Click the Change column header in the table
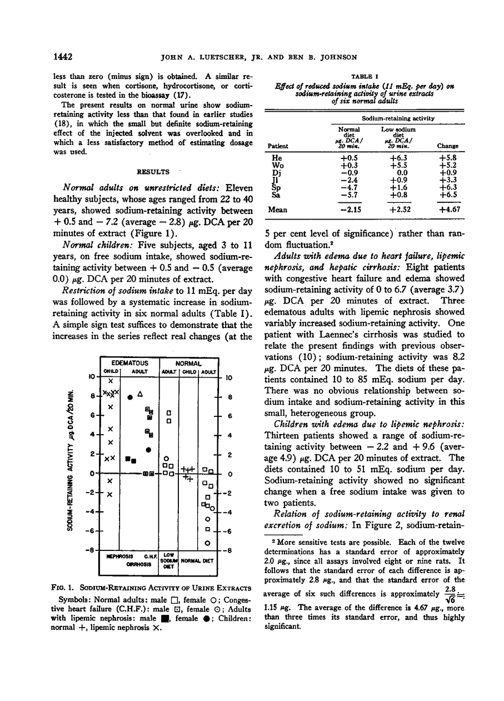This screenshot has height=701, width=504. [447, 146]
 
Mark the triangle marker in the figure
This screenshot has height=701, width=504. [140, 394]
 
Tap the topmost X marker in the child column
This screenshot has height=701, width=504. [111, 381]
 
